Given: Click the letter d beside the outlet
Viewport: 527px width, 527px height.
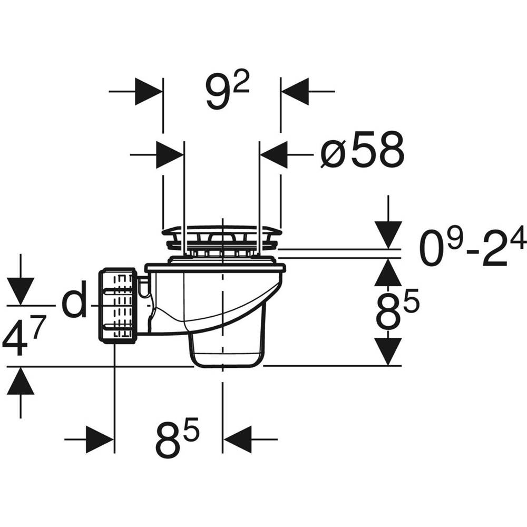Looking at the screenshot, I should [x=74, y=302].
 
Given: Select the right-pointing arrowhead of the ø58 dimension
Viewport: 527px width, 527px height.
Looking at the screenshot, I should [x=170, y=154].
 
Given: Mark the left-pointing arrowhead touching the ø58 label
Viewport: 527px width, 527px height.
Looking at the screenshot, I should [x=274, y=154].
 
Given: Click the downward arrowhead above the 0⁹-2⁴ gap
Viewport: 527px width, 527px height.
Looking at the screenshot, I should [x=388, y=235].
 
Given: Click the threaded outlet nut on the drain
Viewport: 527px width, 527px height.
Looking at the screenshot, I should [x=118, y=306].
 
